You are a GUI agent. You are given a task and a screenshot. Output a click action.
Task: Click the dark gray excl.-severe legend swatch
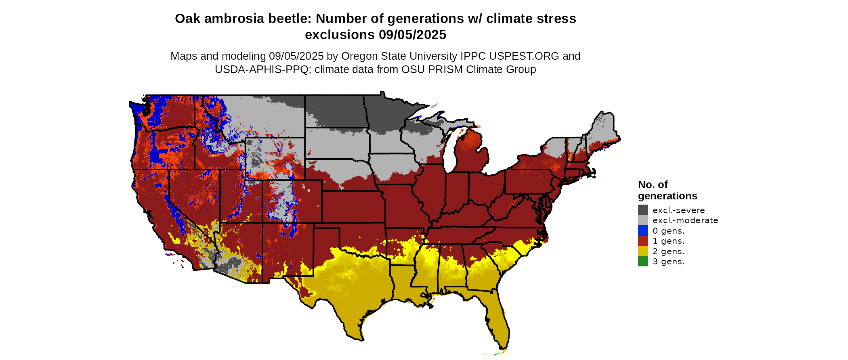[x=643, y=210]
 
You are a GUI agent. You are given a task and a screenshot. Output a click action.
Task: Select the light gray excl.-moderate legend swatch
[x=643, y=220]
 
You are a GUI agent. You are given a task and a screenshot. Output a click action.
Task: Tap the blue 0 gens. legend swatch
[x=643, y=231]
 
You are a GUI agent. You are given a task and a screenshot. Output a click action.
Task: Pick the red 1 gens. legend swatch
[x=643, y=241]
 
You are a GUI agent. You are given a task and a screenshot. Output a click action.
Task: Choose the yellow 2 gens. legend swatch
[x=643, y=251]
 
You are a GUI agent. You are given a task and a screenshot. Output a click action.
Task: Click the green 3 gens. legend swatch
[x=643, y=262]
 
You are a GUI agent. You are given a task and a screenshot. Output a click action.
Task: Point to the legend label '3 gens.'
[x=668, y=262]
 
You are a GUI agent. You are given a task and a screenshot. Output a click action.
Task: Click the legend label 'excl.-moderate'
[x=685, y=220]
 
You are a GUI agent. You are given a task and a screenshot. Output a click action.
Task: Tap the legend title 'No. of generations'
[x=667, y=190]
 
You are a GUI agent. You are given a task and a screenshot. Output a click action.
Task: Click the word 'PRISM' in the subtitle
[x=446, y=69]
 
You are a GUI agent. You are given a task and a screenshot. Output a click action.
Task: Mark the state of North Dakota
[x=335, y=111]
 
